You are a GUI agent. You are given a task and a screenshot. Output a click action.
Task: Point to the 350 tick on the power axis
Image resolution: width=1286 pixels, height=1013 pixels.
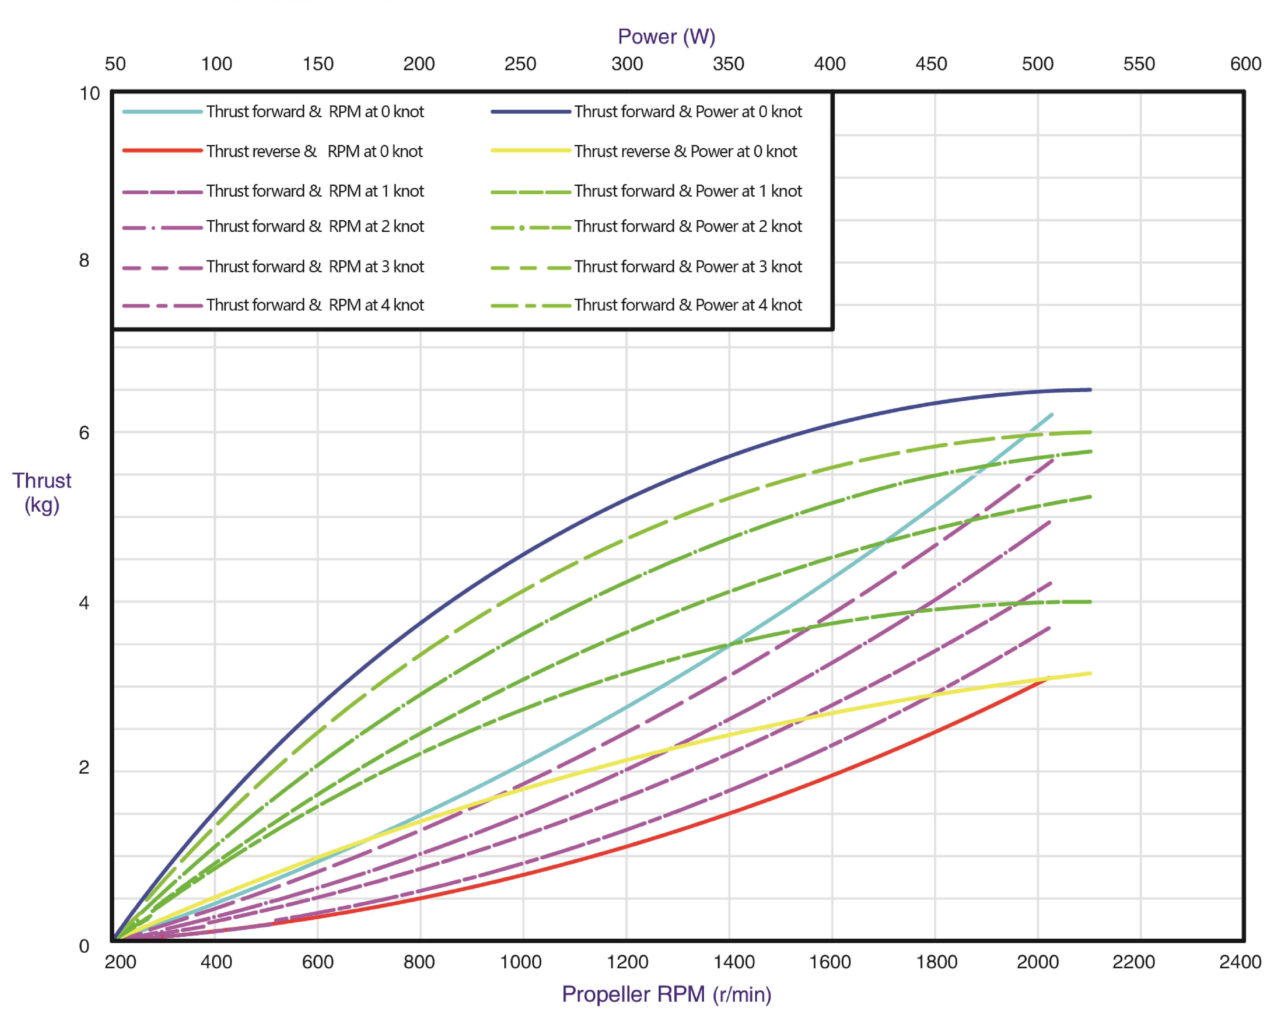728,64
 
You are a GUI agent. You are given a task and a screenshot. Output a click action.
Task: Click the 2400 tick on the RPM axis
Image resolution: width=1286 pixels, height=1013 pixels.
1240,961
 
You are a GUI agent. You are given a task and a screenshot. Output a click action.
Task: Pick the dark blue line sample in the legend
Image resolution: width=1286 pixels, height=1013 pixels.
530,112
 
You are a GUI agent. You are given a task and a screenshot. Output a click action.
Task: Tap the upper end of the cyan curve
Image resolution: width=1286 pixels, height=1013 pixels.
1052,414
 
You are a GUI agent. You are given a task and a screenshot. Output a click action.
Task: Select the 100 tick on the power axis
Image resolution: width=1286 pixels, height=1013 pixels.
217,64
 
